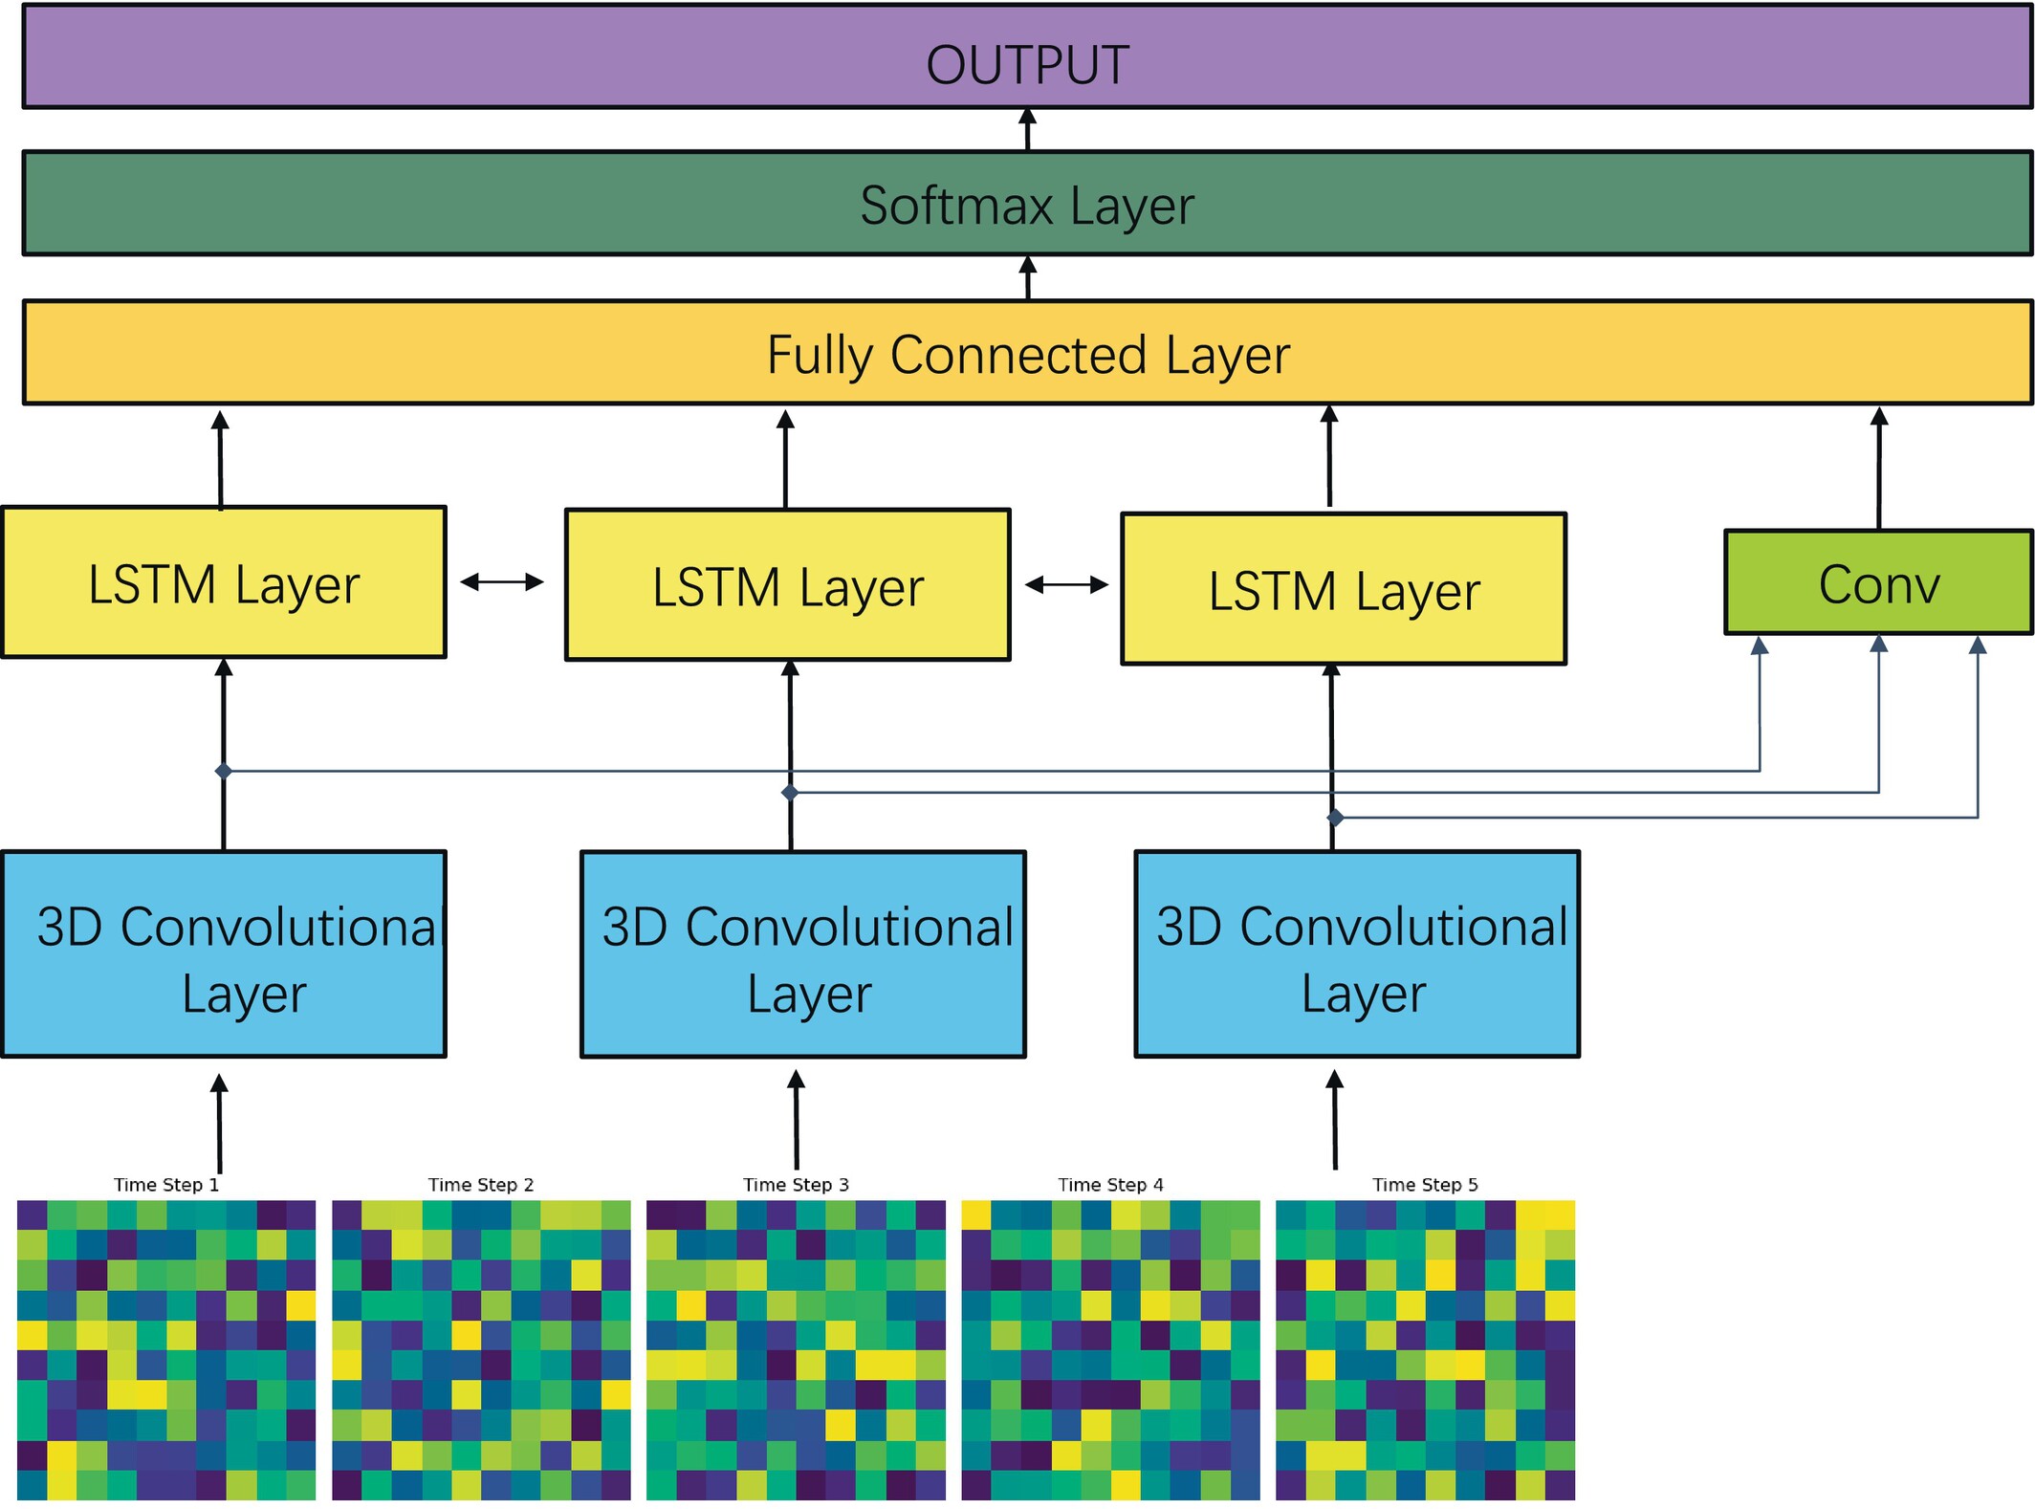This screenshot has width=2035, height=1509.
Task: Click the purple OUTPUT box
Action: point(1027,57)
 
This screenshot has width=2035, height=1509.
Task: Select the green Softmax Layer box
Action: point(1027,204)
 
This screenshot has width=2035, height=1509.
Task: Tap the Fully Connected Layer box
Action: point(1027,353)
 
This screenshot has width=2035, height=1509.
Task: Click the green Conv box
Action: point(1878,582)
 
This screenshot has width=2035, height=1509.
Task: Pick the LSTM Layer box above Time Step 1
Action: point(224,582)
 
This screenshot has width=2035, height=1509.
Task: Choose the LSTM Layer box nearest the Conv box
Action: point(1343,589)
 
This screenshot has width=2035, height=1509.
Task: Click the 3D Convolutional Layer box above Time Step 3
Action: point(803,954)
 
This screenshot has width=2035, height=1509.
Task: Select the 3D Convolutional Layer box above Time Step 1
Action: point(224,954)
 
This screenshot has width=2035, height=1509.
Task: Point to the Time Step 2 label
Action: point(480,1185)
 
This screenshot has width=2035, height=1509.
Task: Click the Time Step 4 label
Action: point(1110,1185)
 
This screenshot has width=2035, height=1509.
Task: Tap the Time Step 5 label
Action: point(1425,1185)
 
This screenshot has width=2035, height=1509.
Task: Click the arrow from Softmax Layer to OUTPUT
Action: point(1028,129)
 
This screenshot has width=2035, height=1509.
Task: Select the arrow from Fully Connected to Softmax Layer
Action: point(1028,278)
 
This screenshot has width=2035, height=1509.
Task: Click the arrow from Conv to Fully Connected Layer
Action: point(1879,469)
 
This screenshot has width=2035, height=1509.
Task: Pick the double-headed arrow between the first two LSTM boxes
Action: point(502,581)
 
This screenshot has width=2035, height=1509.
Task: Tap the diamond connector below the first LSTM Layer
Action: point(224,771)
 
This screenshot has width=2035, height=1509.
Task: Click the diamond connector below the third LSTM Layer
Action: point(1336,818)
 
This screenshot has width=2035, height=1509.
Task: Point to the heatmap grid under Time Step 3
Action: point(796,1349)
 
